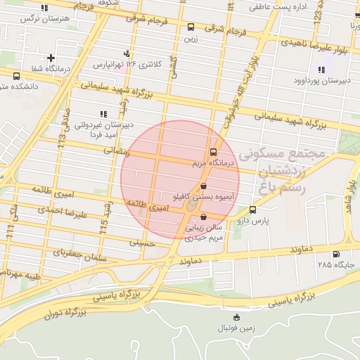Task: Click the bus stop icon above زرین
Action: click(x=191, y=27)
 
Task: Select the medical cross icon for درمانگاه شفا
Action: click(x=51, y=58)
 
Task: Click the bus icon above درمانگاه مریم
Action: click(x=213, y=152)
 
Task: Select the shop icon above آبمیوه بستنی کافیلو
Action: click(x=203, y=187)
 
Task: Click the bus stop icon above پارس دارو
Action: click(x=253, y=210)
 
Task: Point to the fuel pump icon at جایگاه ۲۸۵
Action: click(x=335, y=254)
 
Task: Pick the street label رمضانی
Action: click(x=117, y=150)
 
